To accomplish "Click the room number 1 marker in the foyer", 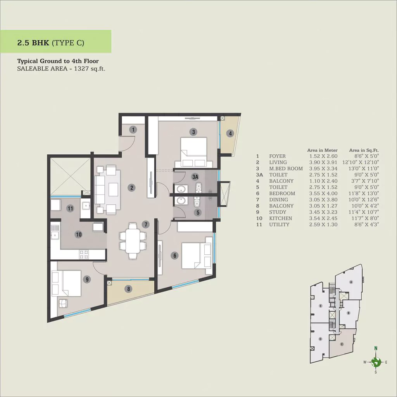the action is (133, 129).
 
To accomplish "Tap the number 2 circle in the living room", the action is (132, 188).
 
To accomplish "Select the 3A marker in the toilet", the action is (195, 177).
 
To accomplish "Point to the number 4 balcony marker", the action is (230, 133).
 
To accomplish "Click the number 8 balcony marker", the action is (129, 288).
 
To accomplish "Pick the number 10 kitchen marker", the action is (79, 235).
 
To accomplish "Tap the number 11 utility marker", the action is (70, 208).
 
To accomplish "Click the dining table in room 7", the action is (133, 241).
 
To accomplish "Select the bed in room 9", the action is (66, 283).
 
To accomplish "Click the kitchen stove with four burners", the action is (84, 254).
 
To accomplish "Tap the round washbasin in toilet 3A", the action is (181, 189).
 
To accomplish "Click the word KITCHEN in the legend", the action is (281, 218).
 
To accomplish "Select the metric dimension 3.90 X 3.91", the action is (323, 162).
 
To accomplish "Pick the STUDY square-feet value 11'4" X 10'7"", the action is (364, 212).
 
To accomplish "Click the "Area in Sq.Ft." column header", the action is (364, 150).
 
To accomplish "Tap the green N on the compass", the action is (376, 348).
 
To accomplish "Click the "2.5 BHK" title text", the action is (33, 43).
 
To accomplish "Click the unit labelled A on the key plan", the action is (351, 282).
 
